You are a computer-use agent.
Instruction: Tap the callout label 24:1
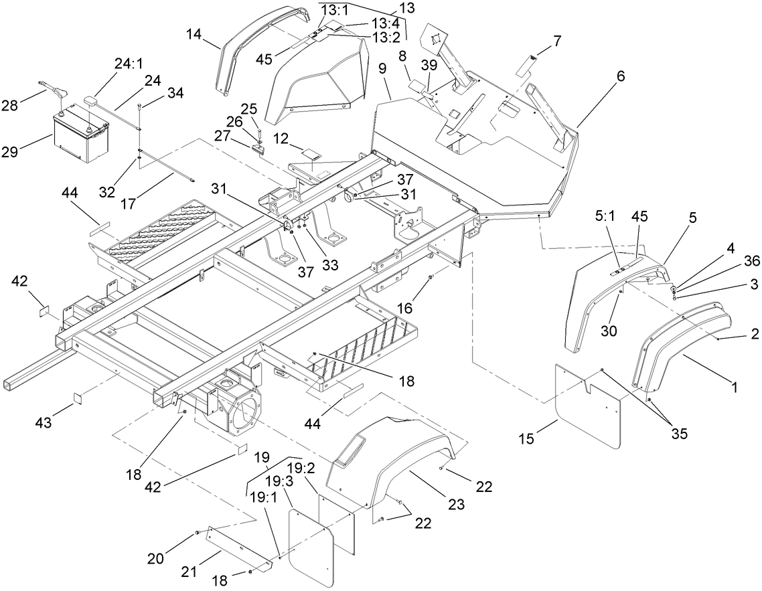[129, 64]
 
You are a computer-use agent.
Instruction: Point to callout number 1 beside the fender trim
[734, 386]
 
